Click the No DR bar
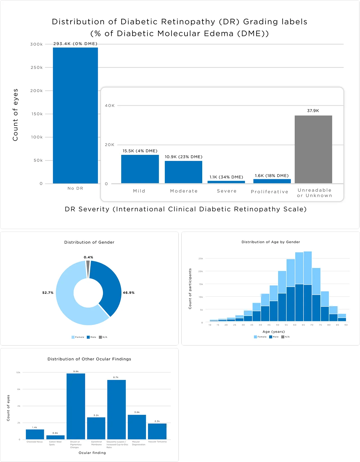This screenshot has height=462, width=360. click(75, 115)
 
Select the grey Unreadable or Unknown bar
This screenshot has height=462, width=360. click(313, 149)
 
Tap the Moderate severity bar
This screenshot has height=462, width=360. click(183, 172)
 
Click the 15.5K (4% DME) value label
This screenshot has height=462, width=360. click(140, 151)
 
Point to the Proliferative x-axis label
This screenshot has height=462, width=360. click(269, 192)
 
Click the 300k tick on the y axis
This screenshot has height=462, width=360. click(37, 44)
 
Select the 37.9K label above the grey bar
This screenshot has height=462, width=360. click(313, 111)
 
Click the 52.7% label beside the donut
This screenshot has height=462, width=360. click(48, 293)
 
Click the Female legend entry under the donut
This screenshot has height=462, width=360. click(78, 337)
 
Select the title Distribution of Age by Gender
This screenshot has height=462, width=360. click(271, 242)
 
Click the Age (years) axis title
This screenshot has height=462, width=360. click(274, 332)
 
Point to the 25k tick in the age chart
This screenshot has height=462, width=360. click(201, 259)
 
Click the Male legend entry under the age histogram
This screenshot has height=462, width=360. click(274, 337)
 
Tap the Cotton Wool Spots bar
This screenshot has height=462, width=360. click(55, 437)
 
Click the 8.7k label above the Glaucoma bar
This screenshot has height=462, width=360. click(116, 377)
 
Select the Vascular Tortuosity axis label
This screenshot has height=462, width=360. click(157, 442)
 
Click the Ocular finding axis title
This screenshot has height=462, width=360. click(92, 453)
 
